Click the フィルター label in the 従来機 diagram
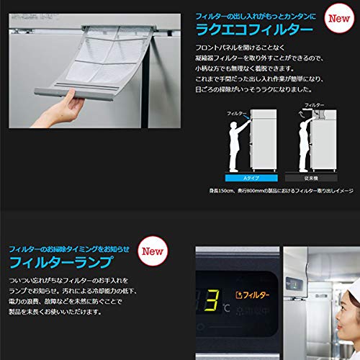(x=315, y=105)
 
